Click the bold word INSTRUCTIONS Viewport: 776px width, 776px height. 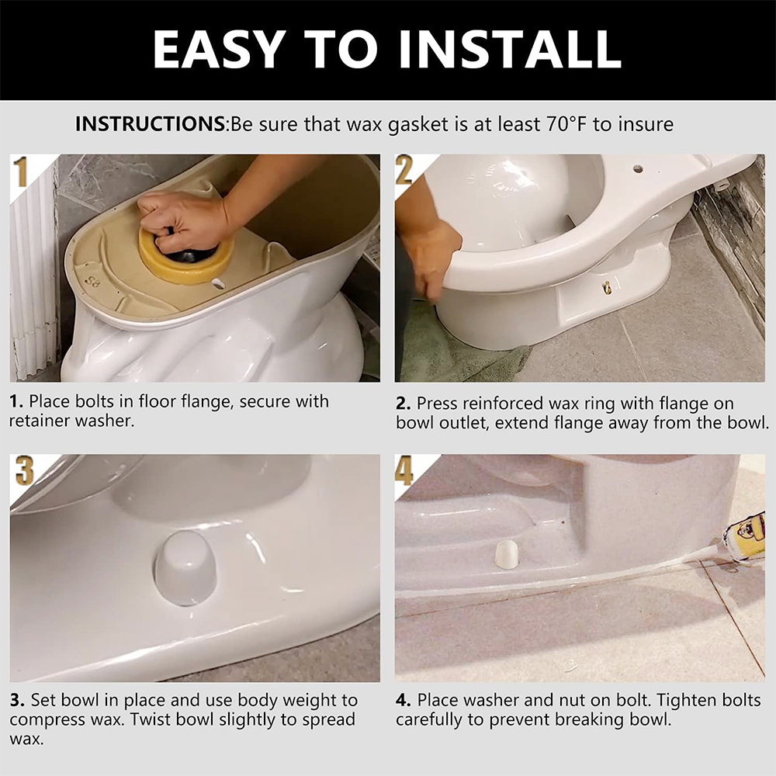pyautogui.click(x=151, y=123)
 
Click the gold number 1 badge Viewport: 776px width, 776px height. pyautogui.click(x=21, y=171)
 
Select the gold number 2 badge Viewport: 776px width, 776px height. pyautogui.click(x=404, y=170)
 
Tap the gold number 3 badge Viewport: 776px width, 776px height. pyautogui.click(x=24, y=470)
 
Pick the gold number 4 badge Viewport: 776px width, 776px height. pyautogui.click(x=404, y=470)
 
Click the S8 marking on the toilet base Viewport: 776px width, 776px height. pyautogui.click(x=92, y=282)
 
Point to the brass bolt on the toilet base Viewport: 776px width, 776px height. pyautogui.click(x=608, y=287)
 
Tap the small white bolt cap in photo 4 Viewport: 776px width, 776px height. pyautogui.click(x=506, y=554)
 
